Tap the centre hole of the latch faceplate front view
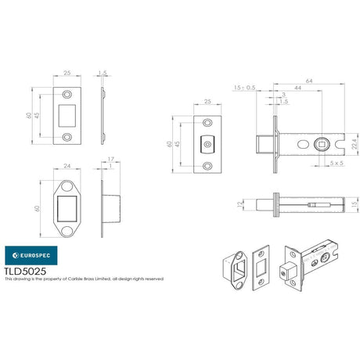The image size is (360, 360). click(207, 144)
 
